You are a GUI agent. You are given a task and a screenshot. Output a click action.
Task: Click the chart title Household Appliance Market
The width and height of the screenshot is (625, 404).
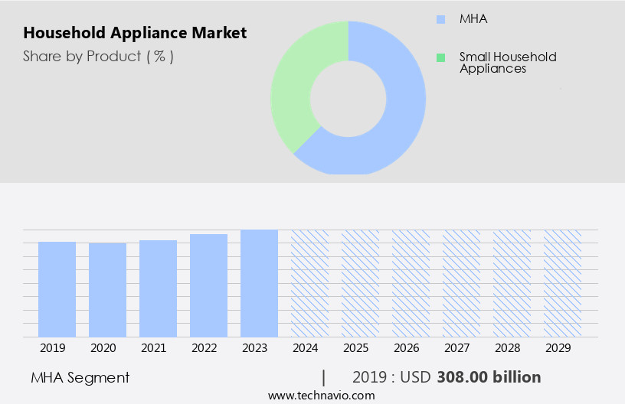[135, 33]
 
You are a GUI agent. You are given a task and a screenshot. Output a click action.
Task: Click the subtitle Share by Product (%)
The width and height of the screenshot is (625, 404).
[98, 56]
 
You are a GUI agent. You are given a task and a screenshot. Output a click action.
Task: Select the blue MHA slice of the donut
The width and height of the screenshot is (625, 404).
[398, 115]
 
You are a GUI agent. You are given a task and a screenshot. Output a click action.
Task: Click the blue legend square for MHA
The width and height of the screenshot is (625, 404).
[440, 19]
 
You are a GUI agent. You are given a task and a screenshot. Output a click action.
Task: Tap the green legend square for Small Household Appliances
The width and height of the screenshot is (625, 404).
[440, 57]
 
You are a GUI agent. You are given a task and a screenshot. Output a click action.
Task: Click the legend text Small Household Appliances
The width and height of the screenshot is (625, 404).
[507, 63]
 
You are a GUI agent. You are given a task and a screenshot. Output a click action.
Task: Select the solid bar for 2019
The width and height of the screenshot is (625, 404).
[57, 289]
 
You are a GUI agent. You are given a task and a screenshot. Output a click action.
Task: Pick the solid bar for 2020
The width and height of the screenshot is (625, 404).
[107, 290]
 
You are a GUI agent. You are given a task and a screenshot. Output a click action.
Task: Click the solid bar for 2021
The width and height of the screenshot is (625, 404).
[158, 288]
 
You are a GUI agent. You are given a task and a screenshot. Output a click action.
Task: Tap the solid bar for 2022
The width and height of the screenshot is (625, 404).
[208, 285]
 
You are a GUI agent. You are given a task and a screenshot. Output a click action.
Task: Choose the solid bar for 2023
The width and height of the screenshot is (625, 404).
[259, 283]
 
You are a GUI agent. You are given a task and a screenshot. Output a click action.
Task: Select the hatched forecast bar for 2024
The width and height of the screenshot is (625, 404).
[309, 283]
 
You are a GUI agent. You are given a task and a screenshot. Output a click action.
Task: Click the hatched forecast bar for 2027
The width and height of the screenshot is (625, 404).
[461, 283]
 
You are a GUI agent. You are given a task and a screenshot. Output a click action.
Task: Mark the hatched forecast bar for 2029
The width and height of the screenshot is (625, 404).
[562, 283]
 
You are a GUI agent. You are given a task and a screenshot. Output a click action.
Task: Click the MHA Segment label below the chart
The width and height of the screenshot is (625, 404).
[80, 377]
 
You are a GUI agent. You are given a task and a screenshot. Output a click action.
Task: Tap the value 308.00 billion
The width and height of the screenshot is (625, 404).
[489, 377]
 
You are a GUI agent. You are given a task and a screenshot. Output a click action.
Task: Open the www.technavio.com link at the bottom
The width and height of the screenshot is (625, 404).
[321, 396]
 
